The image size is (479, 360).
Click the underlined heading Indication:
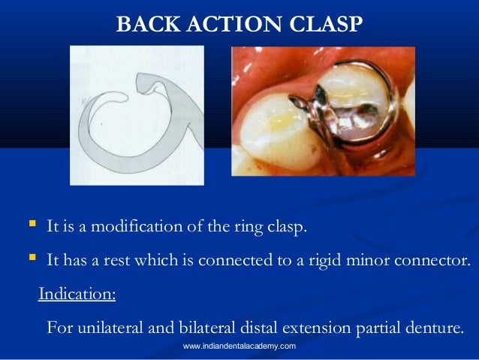point(77,294)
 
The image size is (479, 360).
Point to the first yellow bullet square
point(30,225)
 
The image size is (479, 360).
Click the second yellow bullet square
point(30,259)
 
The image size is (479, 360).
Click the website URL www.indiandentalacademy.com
point(239,346)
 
